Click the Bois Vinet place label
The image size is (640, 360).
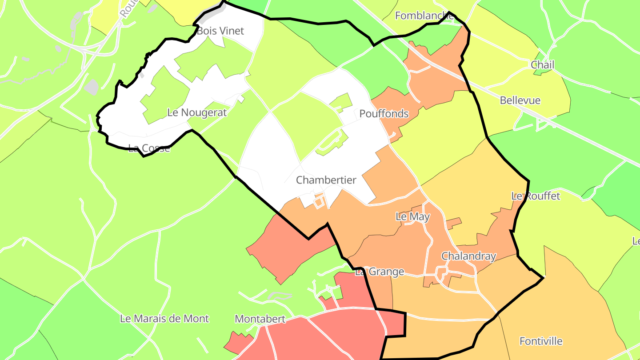[x=220, y=31]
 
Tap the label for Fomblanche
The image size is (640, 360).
[x=424, y=16]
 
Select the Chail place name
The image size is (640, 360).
[x=543, y=65]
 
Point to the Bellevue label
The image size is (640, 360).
[x=520, y=100]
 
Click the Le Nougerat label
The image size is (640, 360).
[x=197, y=112]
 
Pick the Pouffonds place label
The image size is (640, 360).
[x=384, y=114]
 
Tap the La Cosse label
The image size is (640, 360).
[x=149, y=148]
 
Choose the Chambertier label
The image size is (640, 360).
[x=326, y=180]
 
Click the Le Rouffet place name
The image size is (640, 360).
[x=536, y=196]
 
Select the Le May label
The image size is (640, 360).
[x=413, y=217]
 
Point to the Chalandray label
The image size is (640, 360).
[x=468, y=256]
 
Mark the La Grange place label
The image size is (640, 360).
[x=380, y=272]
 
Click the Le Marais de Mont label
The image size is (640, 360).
[x=164, y=319]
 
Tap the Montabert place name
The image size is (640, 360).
[x=260, y=319]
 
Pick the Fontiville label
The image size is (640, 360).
[x=541, y=341]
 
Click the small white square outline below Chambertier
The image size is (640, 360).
[x=318, y=202]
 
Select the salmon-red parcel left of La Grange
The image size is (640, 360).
[x=284, y=249]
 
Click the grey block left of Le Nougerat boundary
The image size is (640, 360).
[x=91, y=87]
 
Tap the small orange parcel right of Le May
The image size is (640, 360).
[x=453, y=222]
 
